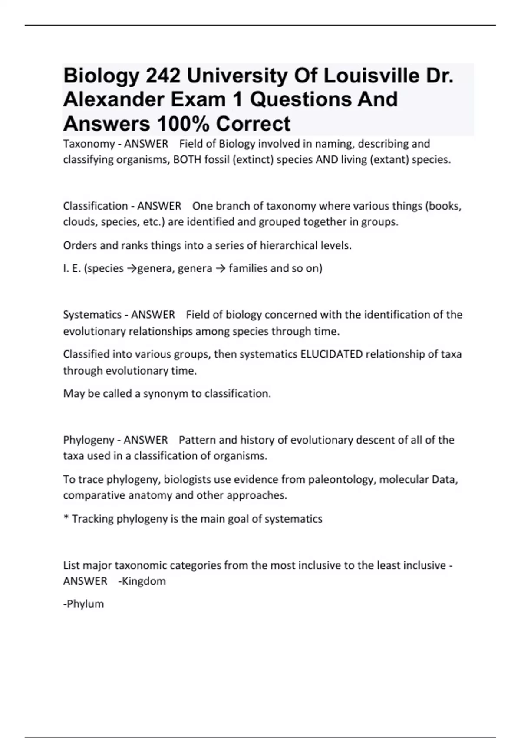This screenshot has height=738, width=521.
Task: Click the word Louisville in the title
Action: point(371,76)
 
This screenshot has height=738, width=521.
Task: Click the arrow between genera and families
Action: point(220,269)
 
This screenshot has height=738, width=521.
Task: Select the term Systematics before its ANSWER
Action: point(92,315)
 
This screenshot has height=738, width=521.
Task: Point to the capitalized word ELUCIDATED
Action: point(331,354)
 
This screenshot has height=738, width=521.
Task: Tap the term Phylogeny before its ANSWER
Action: point(89,440)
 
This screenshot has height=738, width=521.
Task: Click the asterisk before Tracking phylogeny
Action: point(66,518)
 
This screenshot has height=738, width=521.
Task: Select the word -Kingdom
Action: point(142,581)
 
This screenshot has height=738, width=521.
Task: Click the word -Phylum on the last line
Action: point(83,604)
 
